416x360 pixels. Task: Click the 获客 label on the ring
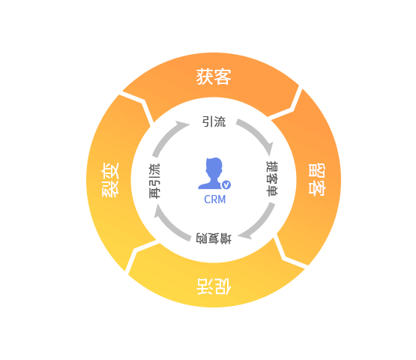(x=214, y=76)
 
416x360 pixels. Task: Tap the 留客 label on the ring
(x=317, y=179)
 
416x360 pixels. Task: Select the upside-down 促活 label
(x=214, y=286)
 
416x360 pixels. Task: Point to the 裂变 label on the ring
(x=110, y=180)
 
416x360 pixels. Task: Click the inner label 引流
(x=214, y=121)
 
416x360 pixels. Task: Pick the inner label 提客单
(x=272, y=178)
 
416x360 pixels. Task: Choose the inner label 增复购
(x=214, y=238)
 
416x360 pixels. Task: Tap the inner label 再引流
(x=154, y=181)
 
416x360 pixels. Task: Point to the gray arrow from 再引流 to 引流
(x=166, y=136)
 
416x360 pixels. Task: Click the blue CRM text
(x=215, y=199)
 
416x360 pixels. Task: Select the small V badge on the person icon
(x=226, y=184)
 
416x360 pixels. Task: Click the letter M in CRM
(x=222, y=199)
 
